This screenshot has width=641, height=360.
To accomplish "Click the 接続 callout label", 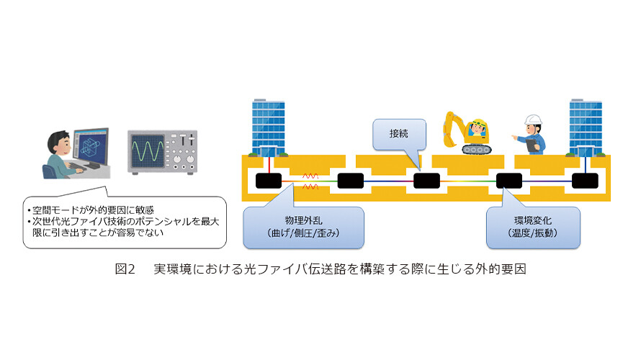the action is pos(398,134).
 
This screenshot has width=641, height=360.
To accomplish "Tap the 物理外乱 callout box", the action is pos(303,228).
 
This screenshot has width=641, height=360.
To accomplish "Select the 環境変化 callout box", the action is pos(533,228).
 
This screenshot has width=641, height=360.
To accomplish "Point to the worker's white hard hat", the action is pos(533,120).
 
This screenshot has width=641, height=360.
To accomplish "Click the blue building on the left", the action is pos(268,127).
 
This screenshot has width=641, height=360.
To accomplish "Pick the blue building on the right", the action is pos(586,127).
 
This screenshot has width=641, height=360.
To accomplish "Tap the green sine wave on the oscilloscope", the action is pos(147,151).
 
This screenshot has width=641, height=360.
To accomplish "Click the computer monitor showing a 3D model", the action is pos(91,147).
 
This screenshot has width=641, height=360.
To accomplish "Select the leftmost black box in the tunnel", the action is pos(269,181).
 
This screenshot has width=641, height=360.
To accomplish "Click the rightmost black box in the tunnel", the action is pos(585,181).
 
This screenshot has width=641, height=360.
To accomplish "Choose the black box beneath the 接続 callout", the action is pos(427,181).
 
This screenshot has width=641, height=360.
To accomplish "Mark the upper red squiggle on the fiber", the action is pos(310,176).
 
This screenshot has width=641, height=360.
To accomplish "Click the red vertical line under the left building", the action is pos(269,165).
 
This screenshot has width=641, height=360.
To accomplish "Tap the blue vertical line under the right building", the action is pos(586,165).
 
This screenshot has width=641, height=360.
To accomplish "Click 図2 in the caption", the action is pos(125,269).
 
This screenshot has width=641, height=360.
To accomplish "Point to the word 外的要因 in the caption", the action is pos(501,269).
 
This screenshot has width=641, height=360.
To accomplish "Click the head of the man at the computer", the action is pos(58,143).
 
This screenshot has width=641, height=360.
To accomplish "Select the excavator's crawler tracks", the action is pos(476,150).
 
